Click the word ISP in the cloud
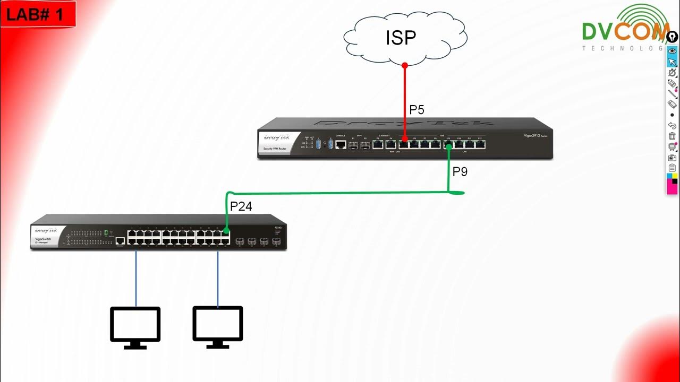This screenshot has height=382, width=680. (x=401, y=38)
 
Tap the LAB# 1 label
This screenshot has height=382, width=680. (x=35, y=14)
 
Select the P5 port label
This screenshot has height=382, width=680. (x=416, y=110)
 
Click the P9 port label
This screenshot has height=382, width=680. (x=460, y=172)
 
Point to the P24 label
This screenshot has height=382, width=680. (x=241, y=207)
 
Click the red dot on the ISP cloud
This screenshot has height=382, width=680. (x=405, y=66)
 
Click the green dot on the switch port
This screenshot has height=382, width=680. (x=226, y=231)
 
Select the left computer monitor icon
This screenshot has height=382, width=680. (x=135, y=327)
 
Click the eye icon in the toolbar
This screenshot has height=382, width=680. (x=672, y=51)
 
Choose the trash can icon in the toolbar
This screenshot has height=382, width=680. (x=672, y=136)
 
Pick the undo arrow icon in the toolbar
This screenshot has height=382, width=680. (x=672, y=126)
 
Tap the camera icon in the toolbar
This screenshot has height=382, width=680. (x=672, y=157)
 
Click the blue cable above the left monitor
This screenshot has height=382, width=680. (x=136, y=279)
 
